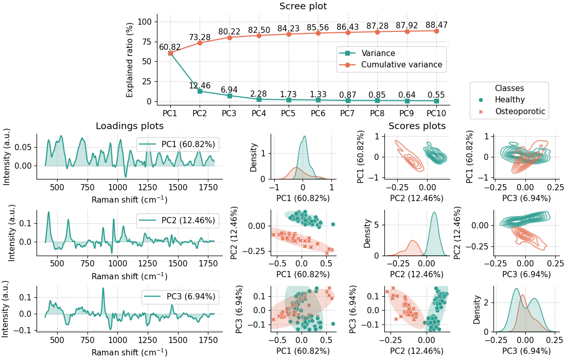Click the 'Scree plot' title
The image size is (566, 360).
[303, 6]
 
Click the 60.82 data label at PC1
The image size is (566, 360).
[170, 47]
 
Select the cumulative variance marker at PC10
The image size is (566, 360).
[436, 31]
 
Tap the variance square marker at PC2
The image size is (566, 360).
[200, 91]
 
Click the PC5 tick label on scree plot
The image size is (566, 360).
[289, 112]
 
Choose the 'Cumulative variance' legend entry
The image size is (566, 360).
[401, 65]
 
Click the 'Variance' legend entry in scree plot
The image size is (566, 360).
[378, 53]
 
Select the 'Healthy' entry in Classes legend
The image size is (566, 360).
[509, 100]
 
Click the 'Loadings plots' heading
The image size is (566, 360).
[130, 126]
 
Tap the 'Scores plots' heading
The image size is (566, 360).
[417, 126]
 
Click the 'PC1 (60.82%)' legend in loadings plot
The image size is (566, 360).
[188, 145]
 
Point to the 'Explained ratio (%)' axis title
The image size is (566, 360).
[130, 59]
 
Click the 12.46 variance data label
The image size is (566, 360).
[200, 85]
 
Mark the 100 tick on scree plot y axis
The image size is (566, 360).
[146, 22]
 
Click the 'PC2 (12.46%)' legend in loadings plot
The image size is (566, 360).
[188, 221]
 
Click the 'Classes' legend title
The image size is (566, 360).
[509, 88]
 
